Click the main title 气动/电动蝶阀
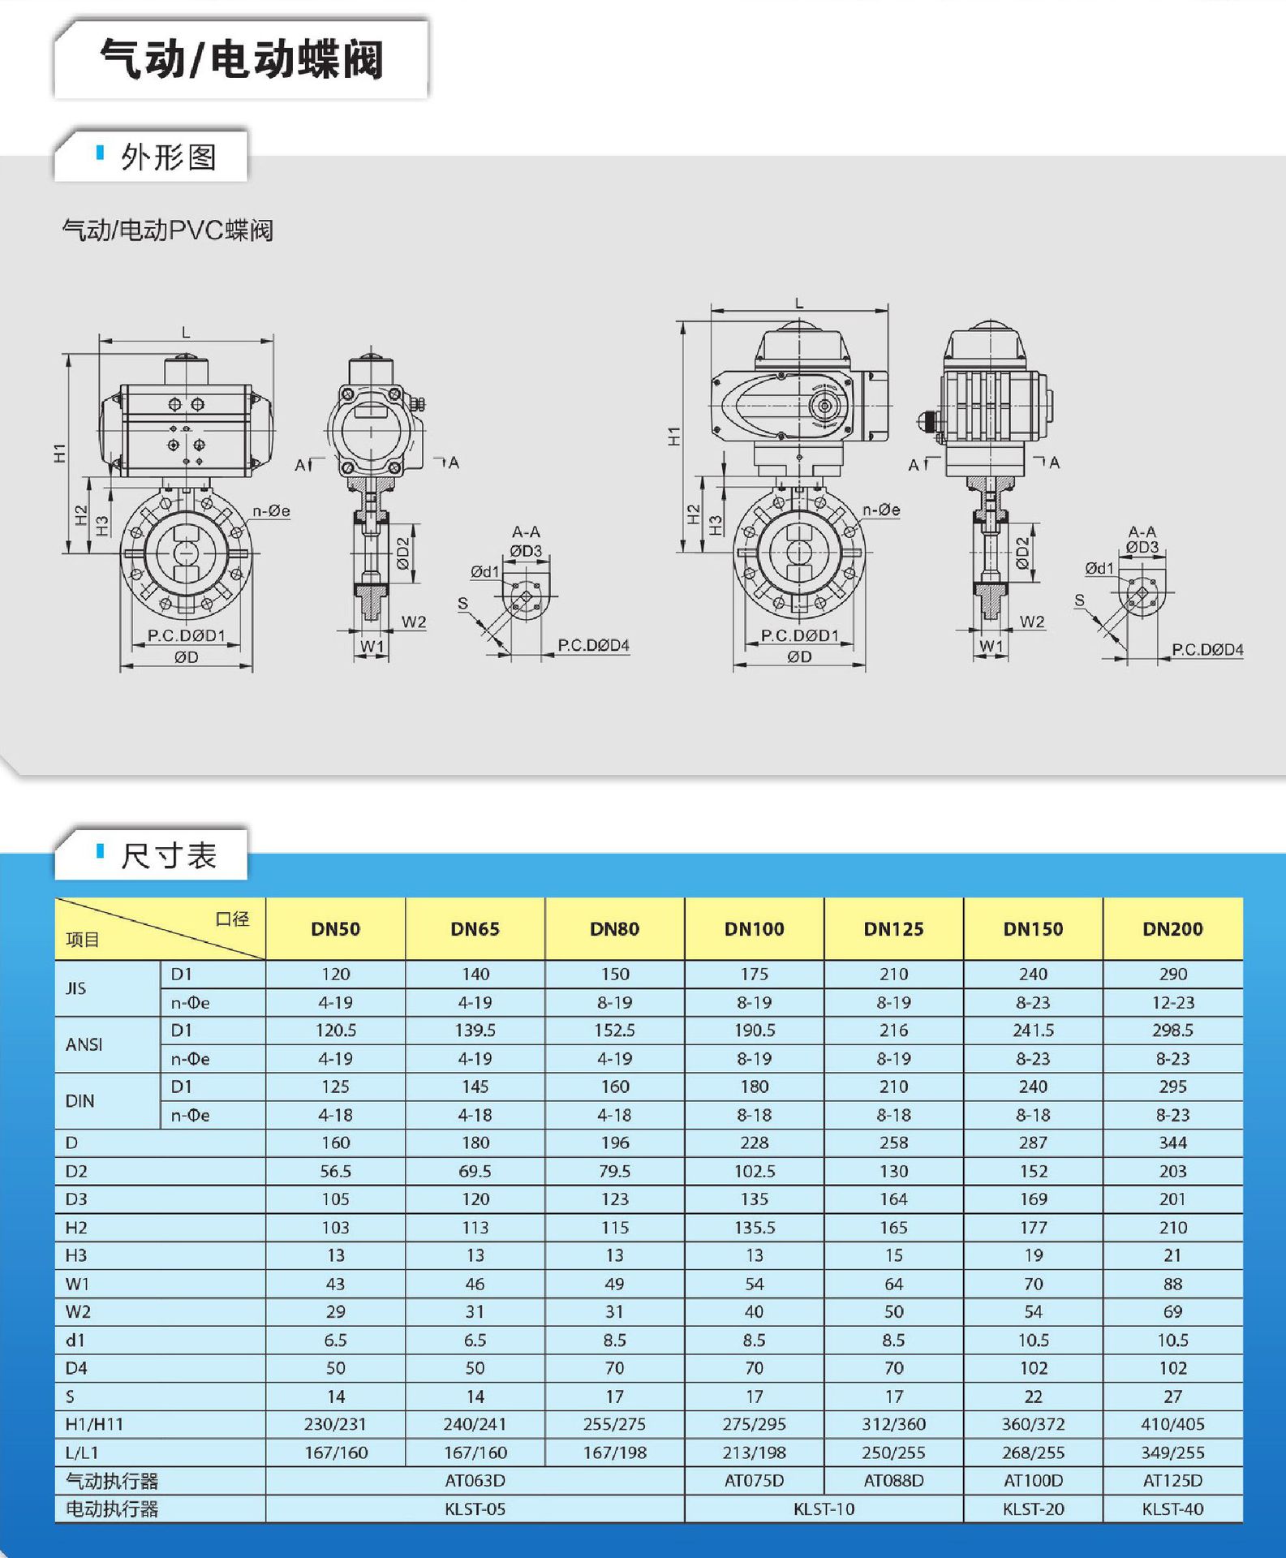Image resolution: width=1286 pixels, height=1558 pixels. click(241, 59)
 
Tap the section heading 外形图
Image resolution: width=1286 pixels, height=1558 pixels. click(168, 157)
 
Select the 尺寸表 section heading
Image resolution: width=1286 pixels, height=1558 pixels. click(168, 855)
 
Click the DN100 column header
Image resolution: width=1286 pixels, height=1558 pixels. click(754, 929)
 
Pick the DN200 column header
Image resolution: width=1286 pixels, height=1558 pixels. click(1172, 929)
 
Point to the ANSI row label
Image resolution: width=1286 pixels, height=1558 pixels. click(84, 1044)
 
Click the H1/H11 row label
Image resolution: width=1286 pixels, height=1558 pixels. click(94, 1424)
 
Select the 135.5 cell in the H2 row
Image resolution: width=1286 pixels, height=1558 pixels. click(754, 1228)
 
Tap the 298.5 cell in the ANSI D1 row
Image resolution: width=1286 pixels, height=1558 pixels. click(1172, 1031)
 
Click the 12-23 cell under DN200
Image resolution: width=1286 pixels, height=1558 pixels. click(1172, 1003)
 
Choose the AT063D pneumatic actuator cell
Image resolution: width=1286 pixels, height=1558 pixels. click(475, 1481)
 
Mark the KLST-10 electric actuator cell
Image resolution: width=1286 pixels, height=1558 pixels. click(824, 1509)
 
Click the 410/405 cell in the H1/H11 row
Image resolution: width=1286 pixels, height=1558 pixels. click(1172, 1424)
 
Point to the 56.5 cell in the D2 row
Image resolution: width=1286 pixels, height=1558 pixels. click(335, 1171)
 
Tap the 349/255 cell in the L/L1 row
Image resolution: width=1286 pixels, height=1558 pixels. click(1172, 1453)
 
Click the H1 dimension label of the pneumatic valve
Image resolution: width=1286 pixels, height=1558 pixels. click(59, 453)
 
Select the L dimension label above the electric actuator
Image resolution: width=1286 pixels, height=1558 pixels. click(799, 303)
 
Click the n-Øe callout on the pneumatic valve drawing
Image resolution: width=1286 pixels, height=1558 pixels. click(271, 511)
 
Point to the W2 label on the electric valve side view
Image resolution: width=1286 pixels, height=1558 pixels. click(1032, 622)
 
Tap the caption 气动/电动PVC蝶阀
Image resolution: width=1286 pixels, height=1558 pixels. click(168, 230)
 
